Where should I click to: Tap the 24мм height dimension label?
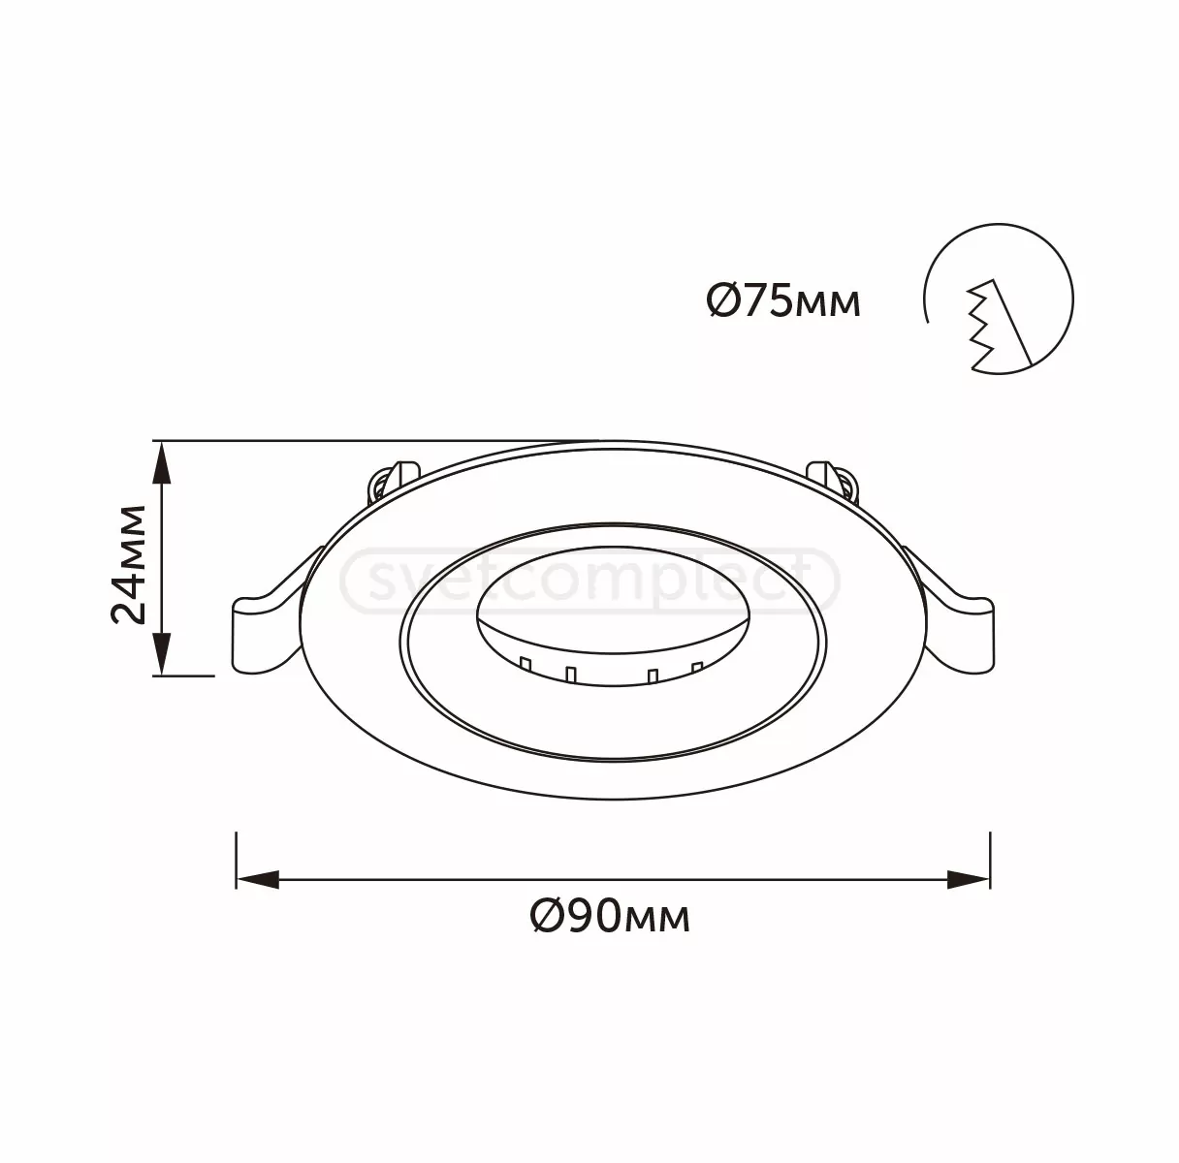tap(130, 564)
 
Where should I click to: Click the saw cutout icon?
tap(999, 299)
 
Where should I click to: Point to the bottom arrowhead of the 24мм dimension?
tap(161, 654)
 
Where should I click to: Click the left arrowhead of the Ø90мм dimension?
tap(258, 880)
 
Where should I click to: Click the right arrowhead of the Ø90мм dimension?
tap(969, 880)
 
